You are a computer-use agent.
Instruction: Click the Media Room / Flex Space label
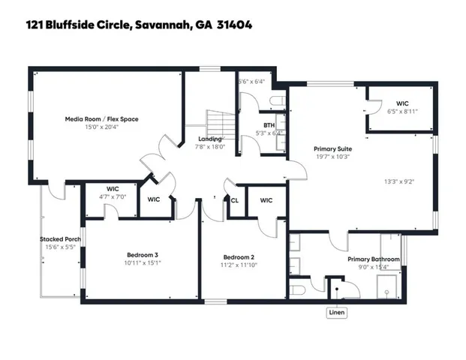(101, 118)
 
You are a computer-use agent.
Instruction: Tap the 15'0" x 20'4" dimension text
(101, 127)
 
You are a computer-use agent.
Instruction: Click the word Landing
(209, 139)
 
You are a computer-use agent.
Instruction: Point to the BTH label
(268, 125)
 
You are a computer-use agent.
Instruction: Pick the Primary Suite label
(332, 148)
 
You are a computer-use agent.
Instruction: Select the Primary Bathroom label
(373, 259)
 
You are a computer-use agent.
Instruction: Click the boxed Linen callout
(337, 312)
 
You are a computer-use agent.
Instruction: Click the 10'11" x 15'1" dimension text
(141, 264)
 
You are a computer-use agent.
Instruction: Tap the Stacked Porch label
(60, 239)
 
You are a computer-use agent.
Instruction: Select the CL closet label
(235, 200)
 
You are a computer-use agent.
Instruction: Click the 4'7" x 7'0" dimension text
(113, 196)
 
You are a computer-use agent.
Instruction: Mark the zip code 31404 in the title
(234, 25)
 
